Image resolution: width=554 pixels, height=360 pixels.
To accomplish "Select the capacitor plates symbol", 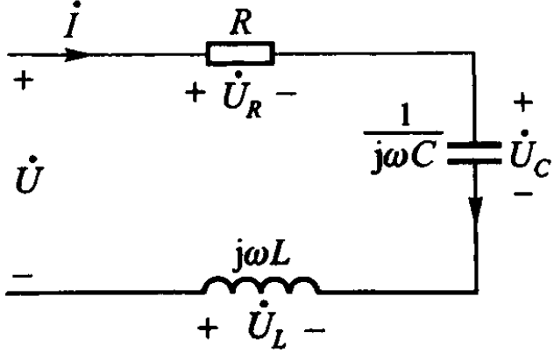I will (473, 154).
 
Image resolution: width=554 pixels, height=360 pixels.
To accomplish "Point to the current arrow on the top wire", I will (74, 54).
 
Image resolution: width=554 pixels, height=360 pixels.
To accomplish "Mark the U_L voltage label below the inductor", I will (260, 335).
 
